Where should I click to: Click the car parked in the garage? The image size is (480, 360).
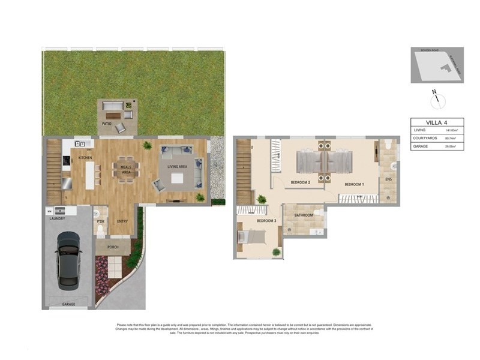68,260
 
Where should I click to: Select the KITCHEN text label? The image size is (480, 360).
85,158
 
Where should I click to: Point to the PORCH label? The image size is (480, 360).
112,246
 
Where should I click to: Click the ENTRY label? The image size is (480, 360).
122,221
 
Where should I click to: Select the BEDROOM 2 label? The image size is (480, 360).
300,182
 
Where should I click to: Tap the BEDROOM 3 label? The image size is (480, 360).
266,221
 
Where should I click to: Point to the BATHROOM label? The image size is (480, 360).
303,215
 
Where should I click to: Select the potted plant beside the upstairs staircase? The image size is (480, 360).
261,199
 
